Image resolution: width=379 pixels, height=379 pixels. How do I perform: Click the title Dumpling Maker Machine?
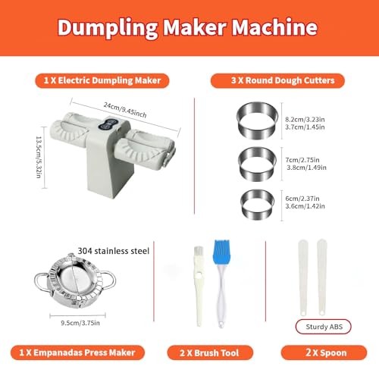pyautogui.click(x=188, y=29)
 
